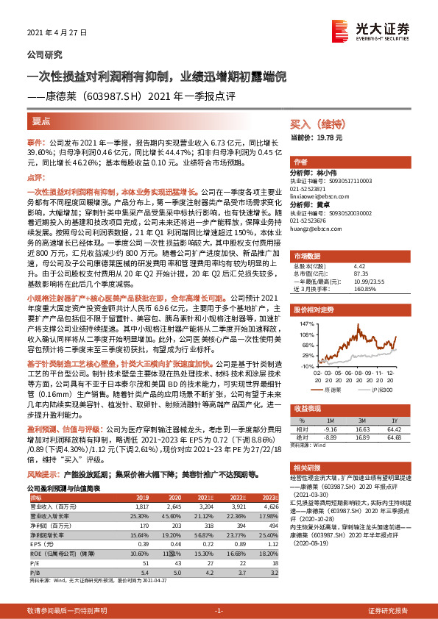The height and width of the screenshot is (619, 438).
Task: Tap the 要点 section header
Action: point(41,121)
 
